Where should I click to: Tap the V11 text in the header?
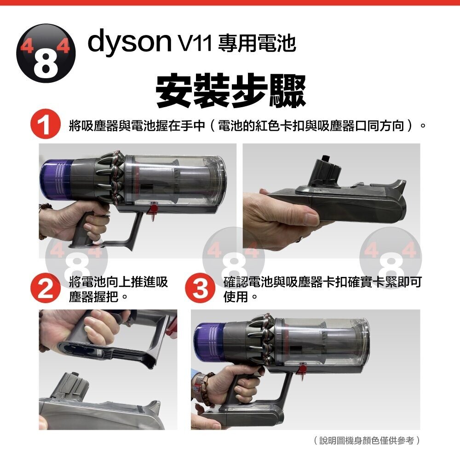tap(195, 43)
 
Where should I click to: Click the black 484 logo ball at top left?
tap(46, 53)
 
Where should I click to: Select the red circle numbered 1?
tap(45, 124)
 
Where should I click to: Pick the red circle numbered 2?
tap(45, 288)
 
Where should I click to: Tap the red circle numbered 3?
tap(200, 288)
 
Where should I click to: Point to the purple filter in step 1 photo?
tap(56, 179)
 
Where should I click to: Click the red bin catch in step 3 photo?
tap(301, 369)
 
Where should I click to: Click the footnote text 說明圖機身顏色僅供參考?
tap(367, 440)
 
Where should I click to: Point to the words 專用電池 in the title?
tap(257, 43)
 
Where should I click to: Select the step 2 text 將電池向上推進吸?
tap(118, 282)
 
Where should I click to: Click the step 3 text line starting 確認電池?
tap(322, 282)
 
